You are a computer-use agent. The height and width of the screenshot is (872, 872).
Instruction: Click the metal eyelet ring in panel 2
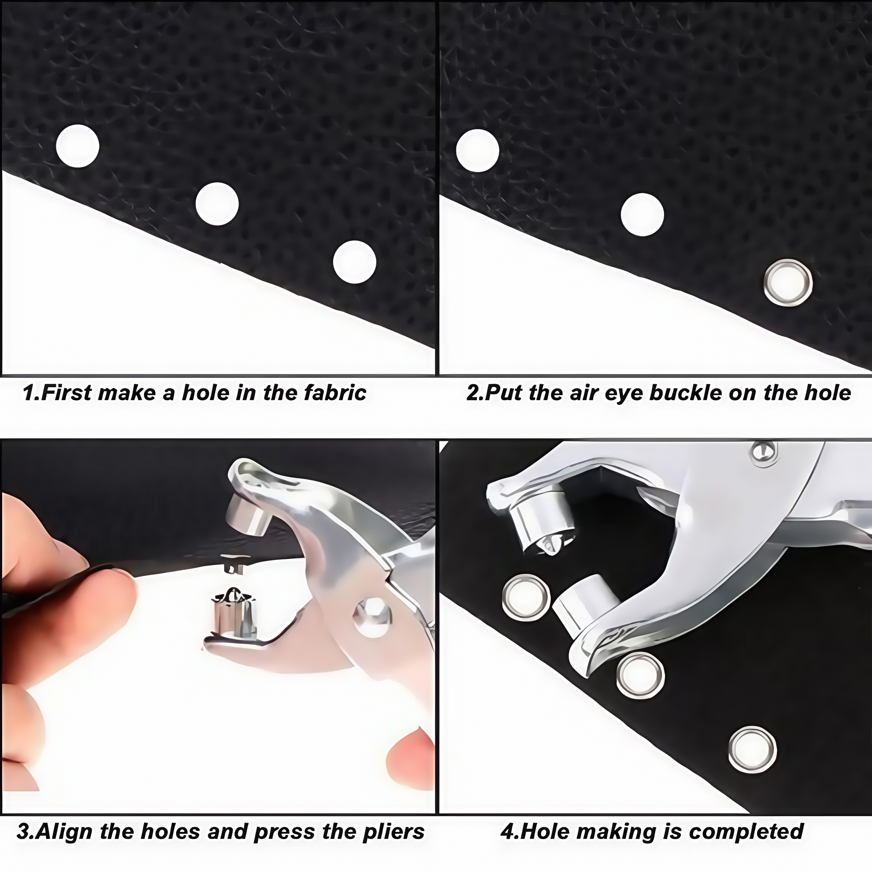(788, 283)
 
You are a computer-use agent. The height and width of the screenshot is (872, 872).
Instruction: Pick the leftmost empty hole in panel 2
(477, 150)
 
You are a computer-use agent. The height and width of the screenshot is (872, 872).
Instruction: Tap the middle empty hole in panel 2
(642, 214)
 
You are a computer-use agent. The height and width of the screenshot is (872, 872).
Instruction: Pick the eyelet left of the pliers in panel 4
(526, 598)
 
